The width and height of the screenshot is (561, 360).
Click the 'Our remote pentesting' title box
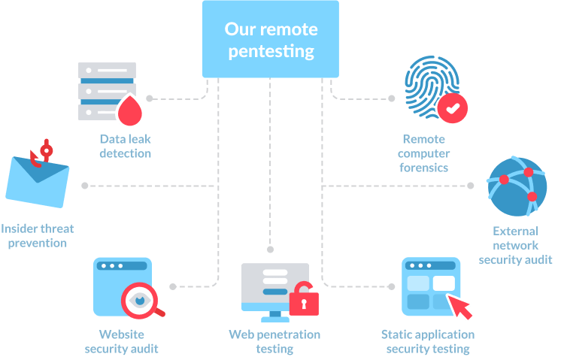pyautogui.click(x=271, y=39)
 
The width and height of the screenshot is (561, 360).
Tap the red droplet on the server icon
pyautogui.click(x=130, y=110)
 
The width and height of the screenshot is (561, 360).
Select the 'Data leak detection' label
pyautogui.click(x=126, y=147)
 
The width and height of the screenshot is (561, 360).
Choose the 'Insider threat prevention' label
pyautogui.click(x=37, y=236)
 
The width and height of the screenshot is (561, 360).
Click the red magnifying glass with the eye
pyautogui.click(x=141, y=301)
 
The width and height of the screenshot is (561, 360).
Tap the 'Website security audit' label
pyautogui.click(x=122, y=341)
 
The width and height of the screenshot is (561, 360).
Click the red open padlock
pyautogui.click(x=304, y=299)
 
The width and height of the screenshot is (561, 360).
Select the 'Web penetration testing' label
pyautogui.click(x=274, y=341)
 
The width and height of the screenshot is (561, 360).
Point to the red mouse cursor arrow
pyautogui.click(x=460, y=307)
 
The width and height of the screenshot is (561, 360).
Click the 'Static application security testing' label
pyautogui.click(x=428, y=341)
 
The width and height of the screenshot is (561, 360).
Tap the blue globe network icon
pyautogui.click(x=517, y=186)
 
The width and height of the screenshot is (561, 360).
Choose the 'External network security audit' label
pyautogui.click(x=516, y=246)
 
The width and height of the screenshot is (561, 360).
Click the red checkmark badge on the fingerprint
pyautogui.click(x=452, y=108)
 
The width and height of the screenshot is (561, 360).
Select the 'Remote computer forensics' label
pyautogui.click(x=423, y=153)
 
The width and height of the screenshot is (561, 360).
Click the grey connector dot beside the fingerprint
pyautogui.click(x=392, y=98)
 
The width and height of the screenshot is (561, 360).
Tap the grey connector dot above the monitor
pyautogui.click(x=271, y=250)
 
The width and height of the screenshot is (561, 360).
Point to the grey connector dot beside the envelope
pyautogui.click(x=85, y=186)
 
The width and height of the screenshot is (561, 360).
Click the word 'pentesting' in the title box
pyautogui.click(x=271, y=52)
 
